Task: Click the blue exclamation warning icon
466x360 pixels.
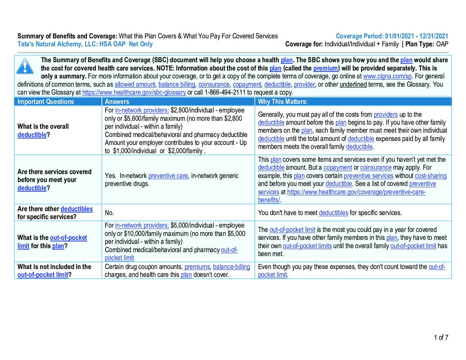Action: click(25, 66)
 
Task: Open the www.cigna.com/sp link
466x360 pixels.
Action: click(387, 76)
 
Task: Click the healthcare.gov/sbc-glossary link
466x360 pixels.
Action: click(134, 93)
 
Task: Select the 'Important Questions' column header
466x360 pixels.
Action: click(46, 102)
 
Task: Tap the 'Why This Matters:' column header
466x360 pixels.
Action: click(283, 102)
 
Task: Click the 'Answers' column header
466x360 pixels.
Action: click(117, 102)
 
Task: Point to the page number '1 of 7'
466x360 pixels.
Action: click(441, 337)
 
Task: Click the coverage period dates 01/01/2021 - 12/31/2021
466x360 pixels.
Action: click(416, 36)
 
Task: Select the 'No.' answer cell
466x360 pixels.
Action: click(109, 213)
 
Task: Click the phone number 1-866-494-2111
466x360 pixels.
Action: click(225, 93)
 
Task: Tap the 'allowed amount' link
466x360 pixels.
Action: click(135, 85)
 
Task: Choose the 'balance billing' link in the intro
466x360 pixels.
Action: click(176, 85)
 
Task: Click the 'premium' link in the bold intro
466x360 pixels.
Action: click(325, 68)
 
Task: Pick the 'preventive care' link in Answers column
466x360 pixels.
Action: click(168, 176)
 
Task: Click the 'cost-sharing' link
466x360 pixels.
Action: click(430, 176)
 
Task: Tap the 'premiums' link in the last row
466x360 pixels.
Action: click(197, 267)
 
